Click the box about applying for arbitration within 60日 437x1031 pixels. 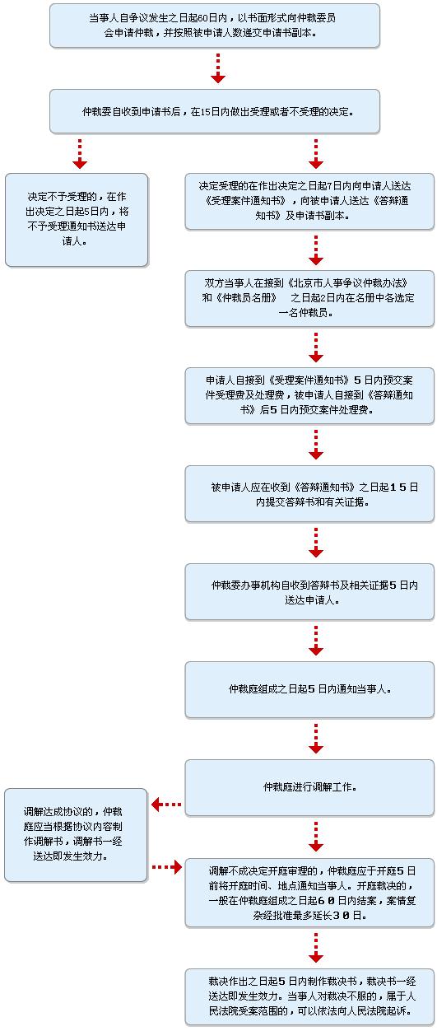tap(215, 26)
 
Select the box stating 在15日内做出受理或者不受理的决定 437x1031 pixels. tap(215, 111)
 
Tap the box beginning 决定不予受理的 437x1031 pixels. tap(77, 220)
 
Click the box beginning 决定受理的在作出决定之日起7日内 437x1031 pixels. tap(309, 201)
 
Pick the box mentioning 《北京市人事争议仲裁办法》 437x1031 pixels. tap(309, 298)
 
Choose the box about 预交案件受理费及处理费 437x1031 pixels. tap(309, 395)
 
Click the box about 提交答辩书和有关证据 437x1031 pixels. tap(309, 493)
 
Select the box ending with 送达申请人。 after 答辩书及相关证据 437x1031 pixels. tap(309, 591)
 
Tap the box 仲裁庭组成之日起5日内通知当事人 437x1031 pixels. tap(309, 689)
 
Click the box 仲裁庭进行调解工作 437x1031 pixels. tap(309, 788)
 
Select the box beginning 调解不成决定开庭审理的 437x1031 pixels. tap(309, 893)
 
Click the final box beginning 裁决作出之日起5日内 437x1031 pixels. tap(309, 996)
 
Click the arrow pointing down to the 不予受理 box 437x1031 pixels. tap(80, 153)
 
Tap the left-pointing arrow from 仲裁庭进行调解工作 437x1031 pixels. tap(166, 805)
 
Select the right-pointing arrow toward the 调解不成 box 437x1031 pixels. tap(167, 867)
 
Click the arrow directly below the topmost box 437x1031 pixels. tap(217, 68)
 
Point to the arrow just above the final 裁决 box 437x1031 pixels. tap(315, 948)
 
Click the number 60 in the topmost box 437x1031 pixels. tap(202, 18)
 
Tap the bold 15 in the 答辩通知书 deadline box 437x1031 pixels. tap(397, 487)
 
